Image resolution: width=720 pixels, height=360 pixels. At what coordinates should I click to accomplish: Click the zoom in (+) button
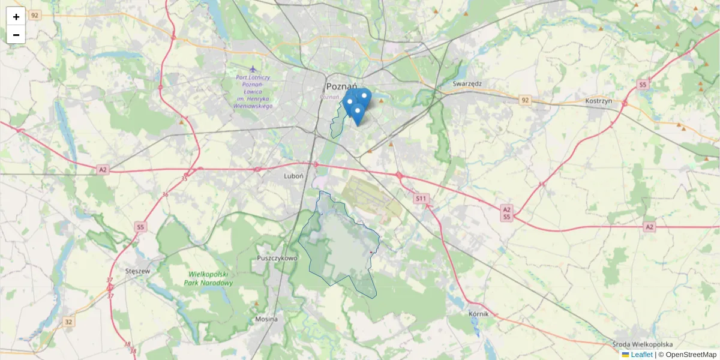(16, 17)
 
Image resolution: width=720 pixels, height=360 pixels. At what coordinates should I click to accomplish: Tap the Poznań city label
(342, 86)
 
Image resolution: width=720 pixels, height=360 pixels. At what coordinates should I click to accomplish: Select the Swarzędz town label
(468, 84)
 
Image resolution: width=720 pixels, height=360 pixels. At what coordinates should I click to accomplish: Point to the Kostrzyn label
(598, 101)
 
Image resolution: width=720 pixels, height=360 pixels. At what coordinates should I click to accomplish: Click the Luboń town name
(295, 176)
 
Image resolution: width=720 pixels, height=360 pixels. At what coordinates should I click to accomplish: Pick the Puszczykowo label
(277, 258)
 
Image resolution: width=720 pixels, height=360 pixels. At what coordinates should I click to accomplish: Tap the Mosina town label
(266, 319)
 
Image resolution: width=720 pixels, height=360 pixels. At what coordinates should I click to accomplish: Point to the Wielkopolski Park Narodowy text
(208, 278)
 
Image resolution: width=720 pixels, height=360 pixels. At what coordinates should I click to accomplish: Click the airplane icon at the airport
(253, 69)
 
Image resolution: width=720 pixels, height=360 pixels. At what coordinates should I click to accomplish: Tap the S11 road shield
(421, 198)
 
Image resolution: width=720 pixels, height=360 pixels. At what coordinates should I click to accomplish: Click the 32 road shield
(68, 322)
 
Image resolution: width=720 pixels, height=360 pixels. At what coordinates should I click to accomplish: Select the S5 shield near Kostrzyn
(643, 85)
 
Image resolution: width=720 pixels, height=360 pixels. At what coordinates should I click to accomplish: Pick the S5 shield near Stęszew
(140, 227)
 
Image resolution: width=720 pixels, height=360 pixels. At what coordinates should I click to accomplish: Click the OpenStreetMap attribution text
(691, 355)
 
